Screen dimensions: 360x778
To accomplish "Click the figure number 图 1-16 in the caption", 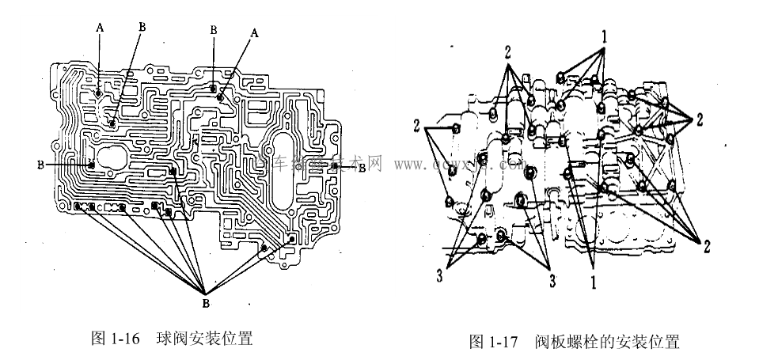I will tap(116, 339).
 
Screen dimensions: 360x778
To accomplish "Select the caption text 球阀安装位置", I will tap(202, 339).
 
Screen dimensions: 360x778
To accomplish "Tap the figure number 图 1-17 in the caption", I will tap(492, 342).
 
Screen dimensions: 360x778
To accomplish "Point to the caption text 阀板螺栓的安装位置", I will tap(606, 342).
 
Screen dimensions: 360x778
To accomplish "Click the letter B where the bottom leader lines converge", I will tap(205, 301).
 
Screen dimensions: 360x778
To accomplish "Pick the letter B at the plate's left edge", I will tap(40, 165).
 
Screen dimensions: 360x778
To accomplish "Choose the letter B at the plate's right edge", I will tap(362, 169).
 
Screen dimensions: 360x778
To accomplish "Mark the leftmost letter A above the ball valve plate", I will tap(99, 26).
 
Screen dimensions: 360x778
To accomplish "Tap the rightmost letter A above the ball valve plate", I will tap(254, 33).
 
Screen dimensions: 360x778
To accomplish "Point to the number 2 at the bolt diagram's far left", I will tap(415, 125).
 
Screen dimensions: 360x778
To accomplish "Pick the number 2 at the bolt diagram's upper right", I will tap(700, 119).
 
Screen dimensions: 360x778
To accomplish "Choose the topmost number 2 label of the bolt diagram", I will tap(507, 51).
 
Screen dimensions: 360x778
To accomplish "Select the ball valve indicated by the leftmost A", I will tap(97, 93).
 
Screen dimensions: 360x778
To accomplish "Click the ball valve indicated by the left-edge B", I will tap(91, 165).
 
